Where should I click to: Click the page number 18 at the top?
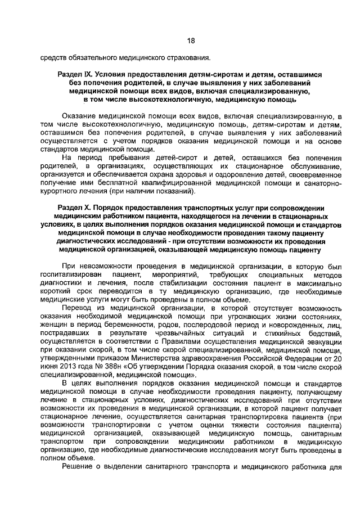pyautogui.click(x=190, y=41)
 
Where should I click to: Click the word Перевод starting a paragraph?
pyautogui.click(x=78, y=309)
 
